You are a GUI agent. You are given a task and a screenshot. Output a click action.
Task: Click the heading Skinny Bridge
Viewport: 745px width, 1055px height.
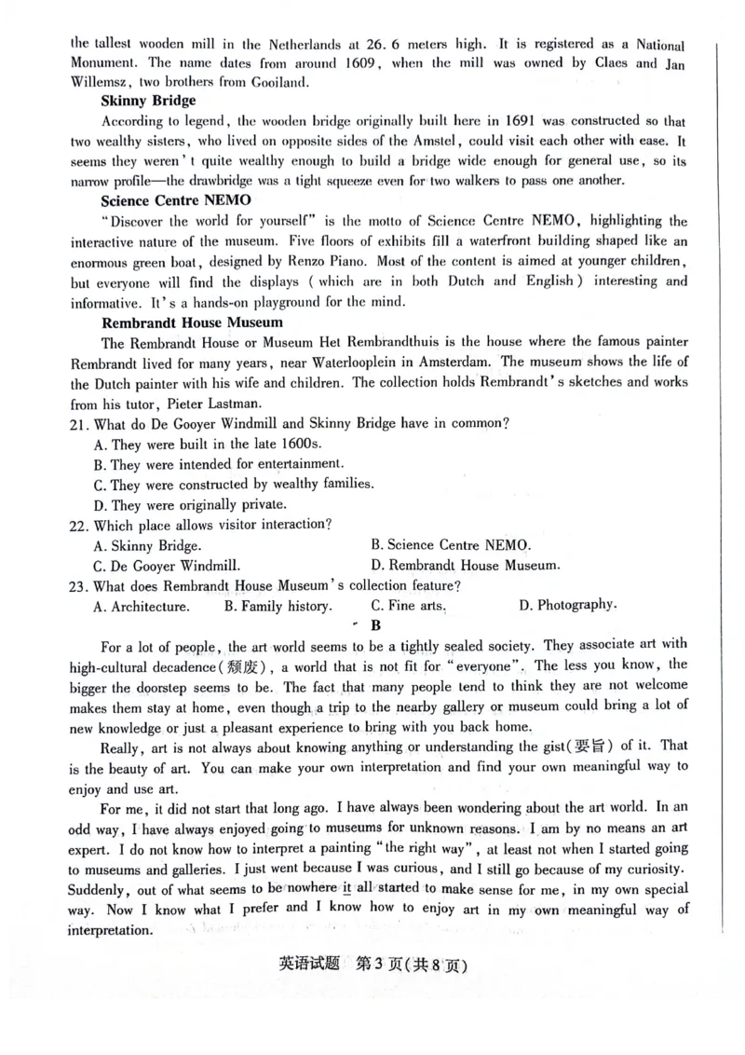[148, 101]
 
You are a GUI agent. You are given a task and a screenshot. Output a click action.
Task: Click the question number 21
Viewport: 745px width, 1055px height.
[80, 423]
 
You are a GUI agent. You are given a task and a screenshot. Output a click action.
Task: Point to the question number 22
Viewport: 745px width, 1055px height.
[80, 525]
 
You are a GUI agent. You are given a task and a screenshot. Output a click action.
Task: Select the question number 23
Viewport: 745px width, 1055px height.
[80, 586]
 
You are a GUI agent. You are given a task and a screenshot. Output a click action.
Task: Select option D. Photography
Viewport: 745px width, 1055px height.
[567, 605]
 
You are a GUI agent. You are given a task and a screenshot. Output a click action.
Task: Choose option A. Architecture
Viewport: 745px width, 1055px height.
[142, 607]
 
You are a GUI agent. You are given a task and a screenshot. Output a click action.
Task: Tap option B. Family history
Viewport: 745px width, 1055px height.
[278, 606]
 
